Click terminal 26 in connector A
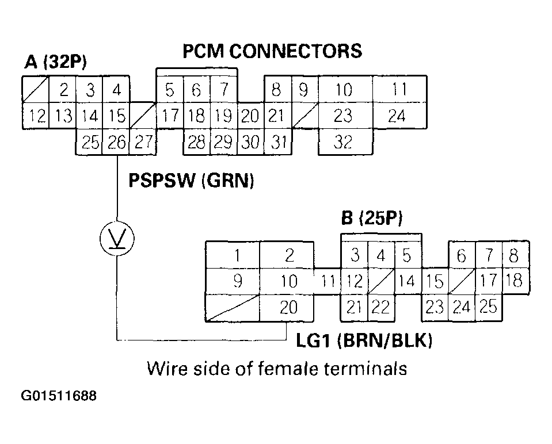117,142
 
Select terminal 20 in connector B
288,307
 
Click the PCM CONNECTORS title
272,51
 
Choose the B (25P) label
371,219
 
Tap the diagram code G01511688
59,396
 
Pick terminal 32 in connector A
343,142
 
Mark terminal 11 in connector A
399,90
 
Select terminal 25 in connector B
488,307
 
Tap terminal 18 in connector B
515,281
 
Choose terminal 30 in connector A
250,142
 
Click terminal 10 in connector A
344,90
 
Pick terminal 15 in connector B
435,281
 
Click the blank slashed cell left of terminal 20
233,308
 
